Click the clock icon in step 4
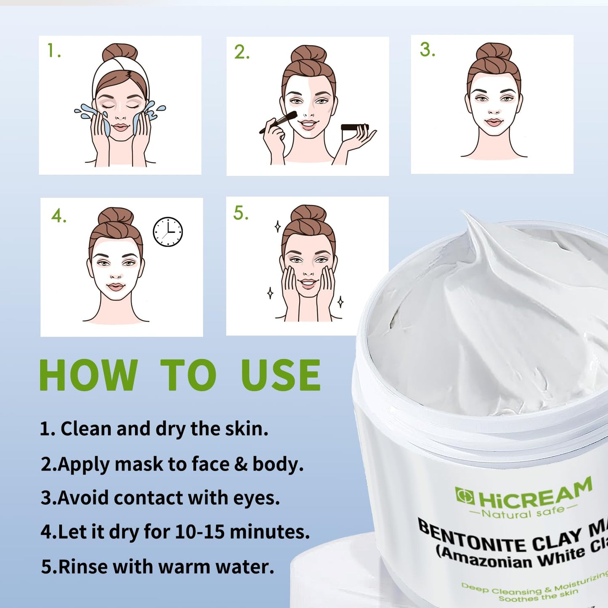167,232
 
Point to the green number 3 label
427,50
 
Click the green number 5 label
240,213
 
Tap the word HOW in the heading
88,375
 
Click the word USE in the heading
281,375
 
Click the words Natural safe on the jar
523,512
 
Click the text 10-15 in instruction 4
199,532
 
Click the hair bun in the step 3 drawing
494,51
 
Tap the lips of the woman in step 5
308,282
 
